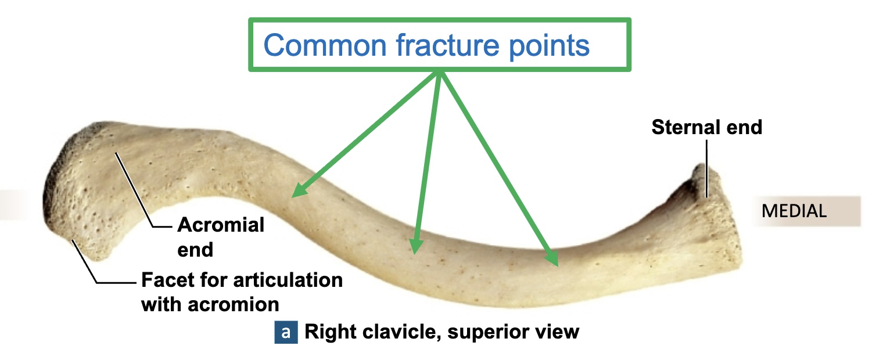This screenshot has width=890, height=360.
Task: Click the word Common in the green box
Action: (325, 45)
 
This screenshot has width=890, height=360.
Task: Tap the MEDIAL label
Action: (794, 211)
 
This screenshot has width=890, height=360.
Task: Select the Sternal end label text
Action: (706, 127)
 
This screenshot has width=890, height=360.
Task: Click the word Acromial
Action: (220, 225)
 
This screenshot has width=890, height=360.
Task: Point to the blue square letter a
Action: (285, 332)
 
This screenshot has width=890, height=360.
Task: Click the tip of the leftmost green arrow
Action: (293, 196)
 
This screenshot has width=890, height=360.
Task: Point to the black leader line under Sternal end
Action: (706, 168)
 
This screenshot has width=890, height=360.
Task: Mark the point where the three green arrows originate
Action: (439, 73)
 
